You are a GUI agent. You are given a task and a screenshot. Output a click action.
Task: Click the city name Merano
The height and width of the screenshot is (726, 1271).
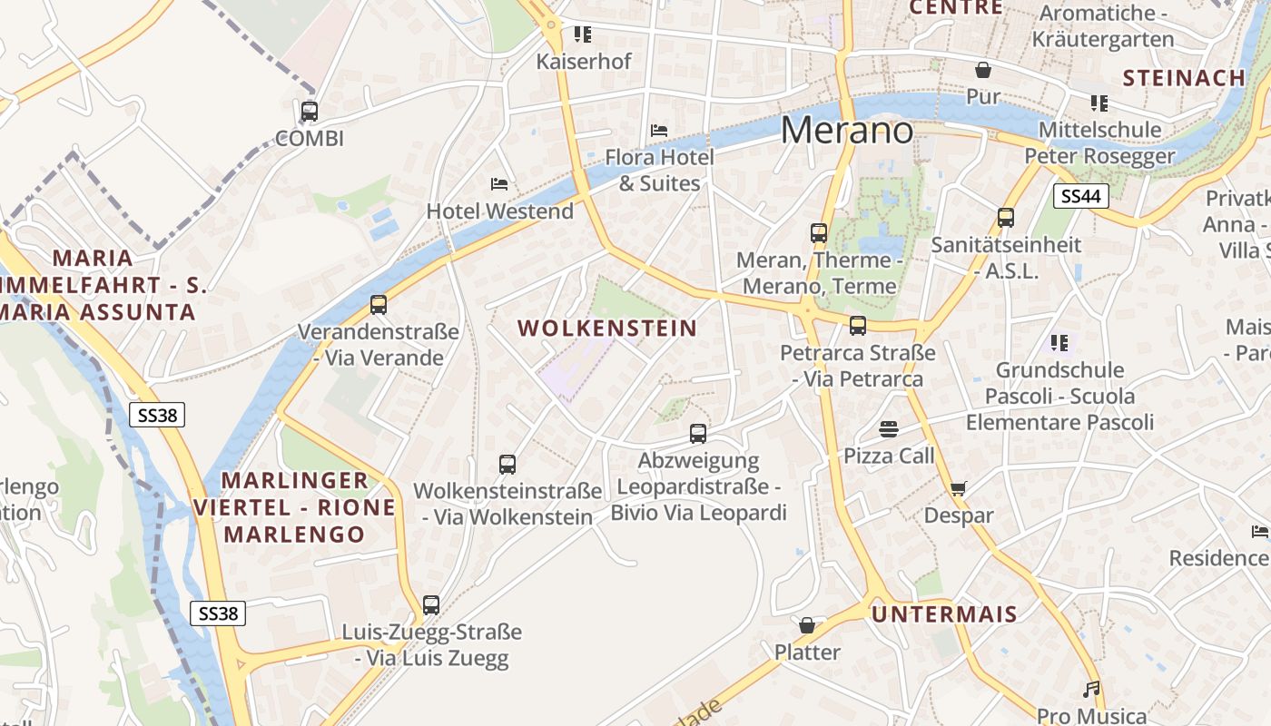coord(846,131)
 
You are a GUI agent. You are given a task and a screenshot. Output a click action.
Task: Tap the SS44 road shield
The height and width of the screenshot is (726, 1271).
coord(1081,196)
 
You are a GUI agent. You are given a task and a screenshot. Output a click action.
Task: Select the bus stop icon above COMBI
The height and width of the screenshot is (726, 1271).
coord(310,112)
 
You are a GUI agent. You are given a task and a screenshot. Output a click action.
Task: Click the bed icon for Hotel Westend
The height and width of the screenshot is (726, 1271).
coord(499,184)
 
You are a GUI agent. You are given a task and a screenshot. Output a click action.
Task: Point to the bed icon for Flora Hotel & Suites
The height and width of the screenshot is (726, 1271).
coord(660,131)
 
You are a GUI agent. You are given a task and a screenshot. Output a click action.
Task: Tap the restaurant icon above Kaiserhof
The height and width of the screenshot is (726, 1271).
coord(583,34)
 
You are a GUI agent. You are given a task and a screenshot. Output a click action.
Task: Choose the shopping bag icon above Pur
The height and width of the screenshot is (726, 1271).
coord(982,70)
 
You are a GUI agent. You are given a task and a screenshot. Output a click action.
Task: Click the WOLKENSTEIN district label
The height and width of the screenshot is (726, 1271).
coord(607,329)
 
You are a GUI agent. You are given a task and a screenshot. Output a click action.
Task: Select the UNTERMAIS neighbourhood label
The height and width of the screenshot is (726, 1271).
coord(944,614)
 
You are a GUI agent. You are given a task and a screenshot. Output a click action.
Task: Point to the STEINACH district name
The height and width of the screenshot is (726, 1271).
coord(1184,78)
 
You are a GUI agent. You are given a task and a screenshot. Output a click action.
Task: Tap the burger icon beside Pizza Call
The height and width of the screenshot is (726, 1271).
coord(888,429)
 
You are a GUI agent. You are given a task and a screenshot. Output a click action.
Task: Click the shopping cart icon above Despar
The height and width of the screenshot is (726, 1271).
coord(958,489)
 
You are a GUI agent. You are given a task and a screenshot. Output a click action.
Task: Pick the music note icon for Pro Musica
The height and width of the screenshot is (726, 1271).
coord(1091,690)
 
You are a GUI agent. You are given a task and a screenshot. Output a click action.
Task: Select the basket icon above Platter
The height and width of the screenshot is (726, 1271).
coord(807,625)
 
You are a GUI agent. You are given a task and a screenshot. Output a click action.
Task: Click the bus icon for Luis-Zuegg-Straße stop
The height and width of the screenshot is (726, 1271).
coord(431,604)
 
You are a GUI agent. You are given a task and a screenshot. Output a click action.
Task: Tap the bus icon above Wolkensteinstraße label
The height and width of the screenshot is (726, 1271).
coord(507,465)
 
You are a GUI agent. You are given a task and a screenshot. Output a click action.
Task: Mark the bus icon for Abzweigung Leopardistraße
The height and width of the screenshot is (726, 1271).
coord(697,434)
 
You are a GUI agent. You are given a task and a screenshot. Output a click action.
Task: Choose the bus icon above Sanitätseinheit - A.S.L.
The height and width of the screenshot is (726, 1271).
coord(1005,218)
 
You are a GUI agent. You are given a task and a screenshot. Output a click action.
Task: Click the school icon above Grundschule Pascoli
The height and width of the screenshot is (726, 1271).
coord(1059,343)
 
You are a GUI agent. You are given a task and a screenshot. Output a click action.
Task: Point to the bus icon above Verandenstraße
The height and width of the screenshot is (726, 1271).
coord(379,305)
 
